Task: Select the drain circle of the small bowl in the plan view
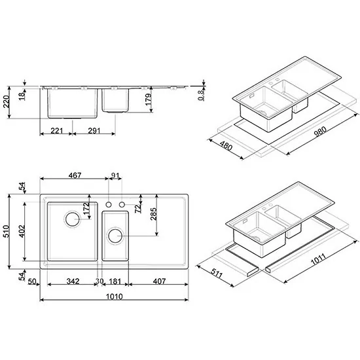pyautogui.click(x=116, y=235)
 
